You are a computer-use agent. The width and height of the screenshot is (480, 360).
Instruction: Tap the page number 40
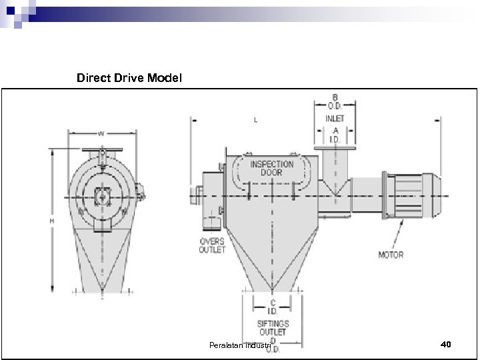[x=446, y=344]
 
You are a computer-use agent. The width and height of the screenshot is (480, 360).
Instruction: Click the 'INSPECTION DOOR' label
[x=271, y=167]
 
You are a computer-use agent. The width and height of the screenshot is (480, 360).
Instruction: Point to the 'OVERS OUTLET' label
[x=211, y=245]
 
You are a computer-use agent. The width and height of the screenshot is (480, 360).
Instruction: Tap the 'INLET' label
[x=335, y=119]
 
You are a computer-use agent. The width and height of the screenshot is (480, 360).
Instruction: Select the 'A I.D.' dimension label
[x=335, y=135]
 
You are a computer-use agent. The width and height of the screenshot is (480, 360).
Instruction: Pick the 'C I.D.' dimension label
[x=272, y=306]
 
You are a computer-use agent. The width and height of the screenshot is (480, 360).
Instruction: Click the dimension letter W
[x=101, y=133]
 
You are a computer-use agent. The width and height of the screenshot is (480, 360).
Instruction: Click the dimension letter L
[x=256, y=120]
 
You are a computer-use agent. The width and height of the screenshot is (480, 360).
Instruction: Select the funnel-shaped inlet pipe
[x=336, y=175]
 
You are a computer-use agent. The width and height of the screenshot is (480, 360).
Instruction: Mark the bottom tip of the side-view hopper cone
[x=272, y=289]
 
